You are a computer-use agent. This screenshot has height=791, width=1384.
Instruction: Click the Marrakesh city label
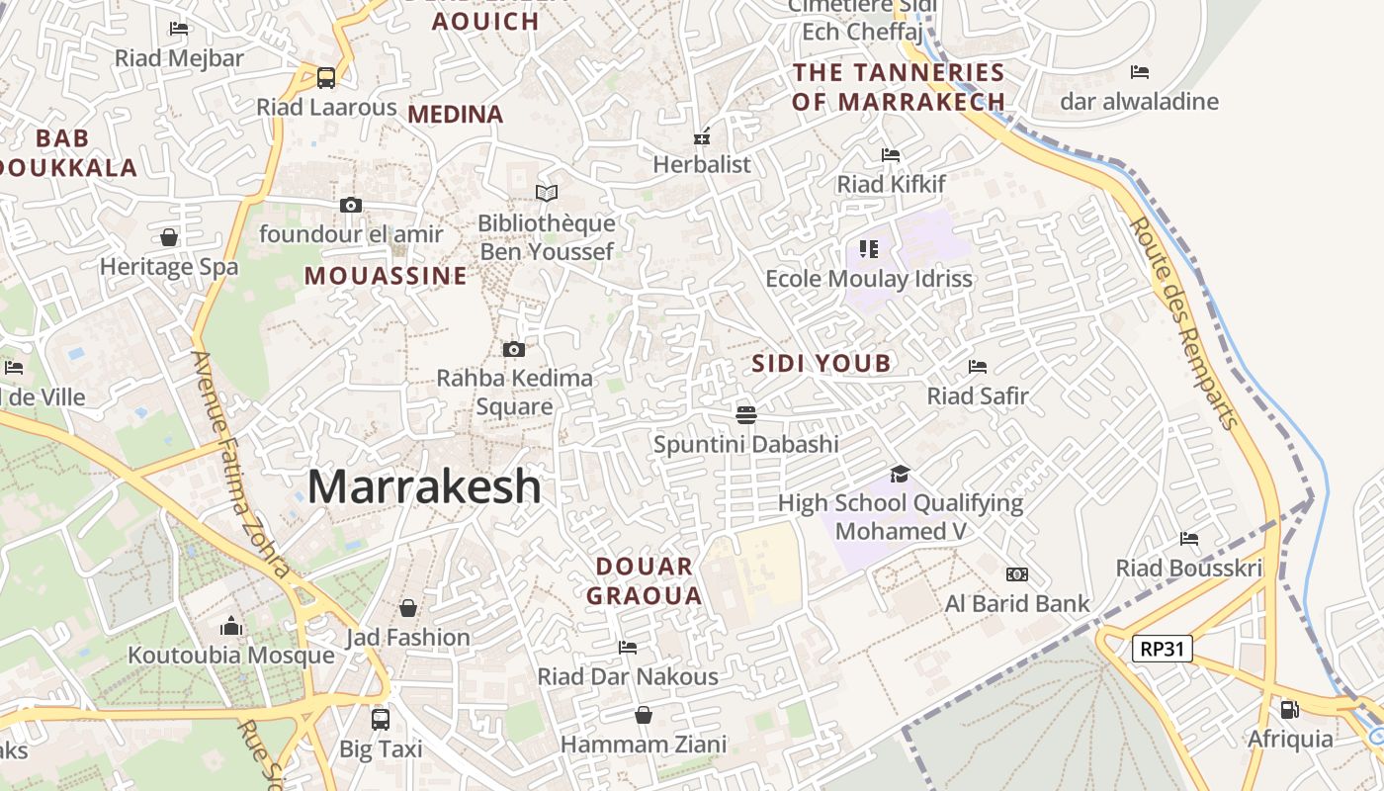point(424,486)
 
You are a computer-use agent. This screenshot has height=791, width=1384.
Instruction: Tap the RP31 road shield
point(1163,649)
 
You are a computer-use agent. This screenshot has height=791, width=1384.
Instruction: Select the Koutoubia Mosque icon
point(231,626)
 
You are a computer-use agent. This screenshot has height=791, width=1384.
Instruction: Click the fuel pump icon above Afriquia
point(1289,709)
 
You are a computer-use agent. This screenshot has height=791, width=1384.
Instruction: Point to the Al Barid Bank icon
point(1016,574)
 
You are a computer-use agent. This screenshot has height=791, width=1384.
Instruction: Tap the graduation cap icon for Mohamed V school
point(900,475)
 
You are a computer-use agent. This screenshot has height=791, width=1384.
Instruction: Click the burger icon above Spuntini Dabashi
point(746,414)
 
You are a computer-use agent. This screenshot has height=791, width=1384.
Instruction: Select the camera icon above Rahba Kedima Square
point(513,349)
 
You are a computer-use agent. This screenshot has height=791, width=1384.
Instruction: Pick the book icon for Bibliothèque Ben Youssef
point(547,193)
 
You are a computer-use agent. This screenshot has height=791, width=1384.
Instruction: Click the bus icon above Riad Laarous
point(326,77)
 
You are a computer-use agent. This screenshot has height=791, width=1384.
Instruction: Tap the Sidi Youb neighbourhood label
point(822,363)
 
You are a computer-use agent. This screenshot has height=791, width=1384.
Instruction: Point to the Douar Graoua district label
point(645,580)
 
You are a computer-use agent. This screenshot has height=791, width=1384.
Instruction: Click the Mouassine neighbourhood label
point(386,275)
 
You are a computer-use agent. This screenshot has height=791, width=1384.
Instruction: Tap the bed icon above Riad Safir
point(978,367)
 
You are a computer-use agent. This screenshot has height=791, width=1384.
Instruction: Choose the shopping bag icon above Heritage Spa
point(169,237)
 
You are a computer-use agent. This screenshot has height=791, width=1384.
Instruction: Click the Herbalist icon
point(702,136)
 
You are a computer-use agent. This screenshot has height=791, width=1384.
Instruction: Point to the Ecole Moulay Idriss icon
point(869,248)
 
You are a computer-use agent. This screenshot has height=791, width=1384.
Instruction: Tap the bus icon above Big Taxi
point(381,719)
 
